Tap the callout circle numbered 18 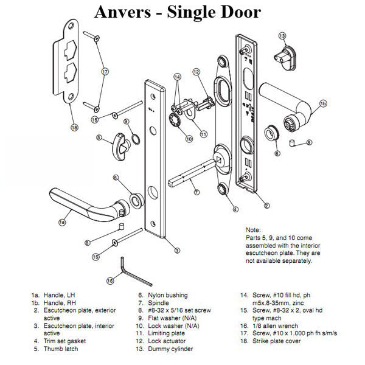click(74, 127)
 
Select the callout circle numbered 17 click(104, 71)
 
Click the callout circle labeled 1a click(62, 223)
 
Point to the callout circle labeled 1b click(323, 104)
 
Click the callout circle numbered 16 click(110, 280)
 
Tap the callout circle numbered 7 click(196, 193)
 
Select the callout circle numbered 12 click(196, 72)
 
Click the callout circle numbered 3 click(176, 250)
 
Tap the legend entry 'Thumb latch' click(61, 349)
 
